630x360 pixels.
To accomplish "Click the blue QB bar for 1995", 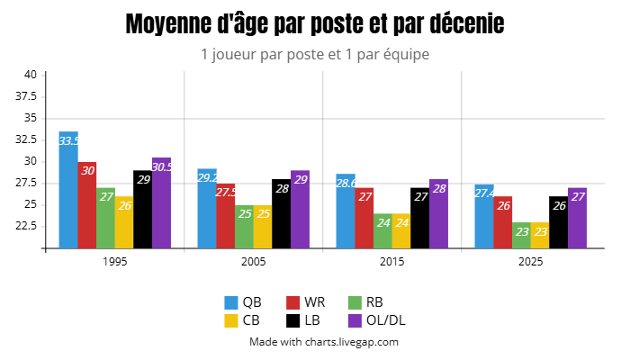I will [x=68, y=193].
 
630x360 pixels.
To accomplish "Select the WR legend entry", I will [x=305, y=301].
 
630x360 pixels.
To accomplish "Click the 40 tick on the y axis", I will [x=30, y=75].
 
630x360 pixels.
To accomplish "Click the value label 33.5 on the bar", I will [x=68, y=141].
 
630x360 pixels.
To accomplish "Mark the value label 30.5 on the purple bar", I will [x=162, y=167].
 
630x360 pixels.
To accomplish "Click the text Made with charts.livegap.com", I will [x=323, y=342].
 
